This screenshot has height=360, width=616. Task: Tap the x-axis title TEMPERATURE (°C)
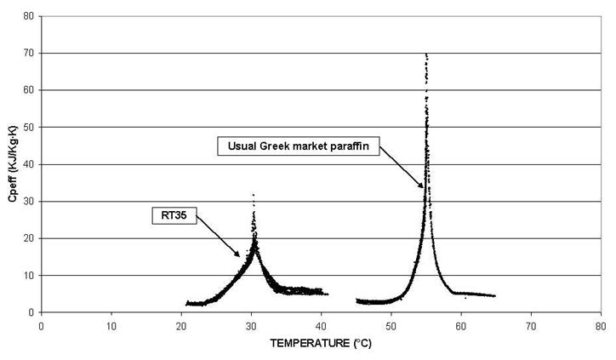click(319, 346)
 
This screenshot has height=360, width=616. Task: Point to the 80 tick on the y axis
click(29, 16)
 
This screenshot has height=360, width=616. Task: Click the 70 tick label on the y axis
click(29, 53)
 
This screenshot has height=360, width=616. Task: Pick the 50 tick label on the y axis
click(29, 127)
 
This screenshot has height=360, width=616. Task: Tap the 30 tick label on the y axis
click(29, 201)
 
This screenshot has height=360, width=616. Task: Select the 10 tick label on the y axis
click(29, 275)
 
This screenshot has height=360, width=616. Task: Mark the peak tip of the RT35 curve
click(253, 195)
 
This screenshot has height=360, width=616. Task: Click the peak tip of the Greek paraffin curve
click(425, 54)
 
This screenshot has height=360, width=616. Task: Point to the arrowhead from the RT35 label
click(241, 255)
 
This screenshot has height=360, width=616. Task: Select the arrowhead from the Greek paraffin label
click(422, 186)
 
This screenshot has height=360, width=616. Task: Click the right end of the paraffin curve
click(494, 296)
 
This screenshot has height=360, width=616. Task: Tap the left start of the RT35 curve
click(186, 303)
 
